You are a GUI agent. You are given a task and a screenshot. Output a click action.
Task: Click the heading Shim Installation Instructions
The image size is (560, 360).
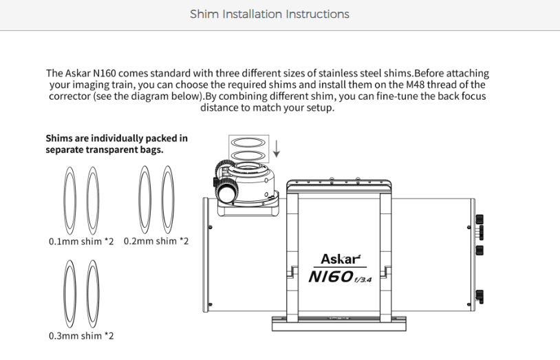pos(270,14)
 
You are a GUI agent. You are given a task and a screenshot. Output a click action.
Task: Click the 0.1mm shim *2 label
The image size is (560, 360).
pos(81,242)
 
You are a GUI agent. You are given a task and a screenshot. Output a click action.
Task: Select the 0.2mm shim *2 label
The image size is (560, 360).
pos(156,241)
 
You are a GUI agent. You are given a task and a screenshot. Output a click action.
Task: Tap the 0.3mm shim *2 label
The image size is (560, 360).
pos(81,336)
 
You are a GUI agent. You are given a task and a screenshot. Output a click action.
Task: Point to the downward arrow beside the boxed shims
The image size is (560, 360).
pos(276,149)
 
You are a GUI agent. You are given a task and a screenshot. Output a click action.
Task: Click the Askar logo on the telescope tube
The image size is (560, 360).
pos(341,259)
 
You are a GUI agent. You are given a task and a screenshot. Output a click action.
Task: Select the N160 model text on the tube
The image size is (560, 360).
pos(340,277)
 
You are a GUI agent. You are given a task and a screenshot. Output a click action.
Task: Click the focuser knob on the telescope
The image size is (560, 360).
pos(226,193)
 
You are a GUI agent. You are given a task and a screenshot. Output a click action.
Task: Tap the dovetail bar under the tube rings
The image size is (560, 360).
pos(339,324)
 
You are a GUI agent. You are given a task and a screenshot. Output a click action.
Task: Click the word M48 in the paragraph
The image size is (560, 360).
pos(416,85)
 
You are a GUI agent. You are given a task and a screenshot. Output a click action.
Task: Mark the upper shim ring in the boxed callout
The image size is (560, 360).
pos(248,138)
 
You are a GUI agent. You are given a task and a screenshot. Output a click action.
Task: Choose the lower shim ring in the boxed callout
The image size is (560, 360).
pos(248,152)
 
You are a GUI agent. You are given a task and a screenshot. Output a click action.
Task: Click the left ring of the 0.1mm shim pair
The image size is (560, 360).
pos(64,200)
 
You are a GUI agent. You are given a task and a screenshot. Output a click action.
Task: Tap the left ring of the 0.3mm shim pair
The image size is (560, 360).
pos(64,294)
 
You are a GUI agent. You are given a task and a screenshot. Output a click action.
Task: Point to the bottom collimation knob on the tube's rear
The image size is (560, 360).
pos(480,297)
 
